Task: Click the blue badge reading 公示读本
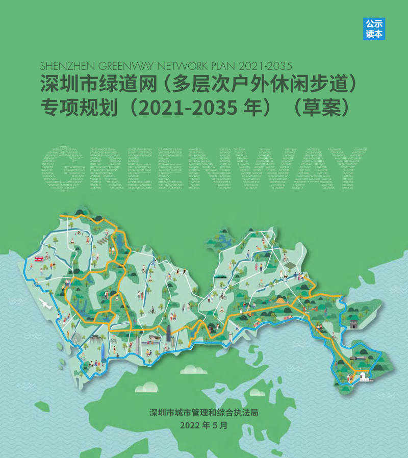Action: [x=374, y=29]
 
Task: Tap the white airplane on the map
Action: [x=45, y=304]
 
